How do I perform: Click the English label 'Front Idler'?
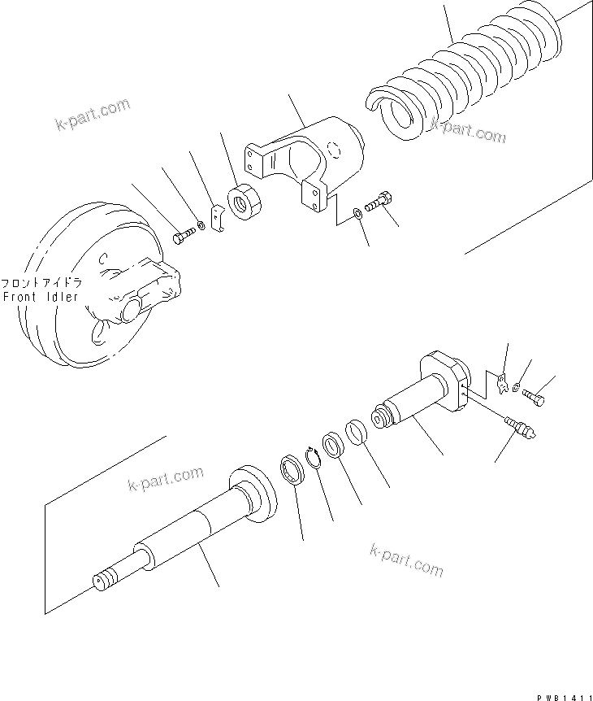pos(41,297)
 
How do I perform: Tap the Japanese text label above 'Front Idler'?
pos(41,284)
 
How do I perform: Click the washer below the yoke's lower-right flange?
pos(358,214)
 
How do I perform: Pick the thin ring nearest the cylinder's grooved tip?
pos(355,431)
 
